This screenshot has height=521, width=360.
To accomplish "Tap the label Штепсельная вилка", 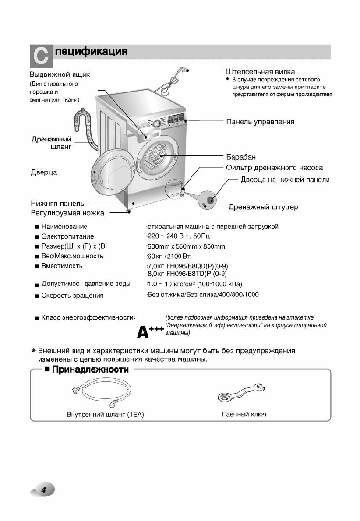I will click(x=260, y=71).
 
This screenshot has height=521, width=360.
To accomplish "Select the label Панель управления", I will click(x=260, y=122).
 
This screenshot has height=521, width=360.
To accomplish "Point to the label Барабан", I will click(x=241, y=157).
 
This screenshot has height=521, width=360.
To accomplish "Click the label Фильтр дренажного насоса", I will click(x=275, y=168).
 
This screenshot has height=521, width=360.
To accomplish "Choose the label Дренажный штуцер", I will click(x=263, y=207).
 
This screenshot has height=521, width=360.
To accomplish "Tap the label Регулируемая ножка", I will click(x=67, y=213).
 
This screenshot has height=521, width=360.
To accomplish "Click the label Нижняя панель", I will click(x=57, y=204).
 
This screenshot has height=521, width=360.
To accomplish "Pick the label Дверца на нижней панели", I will click(x=285, y=180).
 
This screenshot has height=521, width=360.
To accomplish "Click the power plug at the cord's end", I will click(x=184, y=69).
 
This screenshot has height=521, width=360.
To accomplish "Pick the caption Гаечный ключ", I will click(x=244, y=414).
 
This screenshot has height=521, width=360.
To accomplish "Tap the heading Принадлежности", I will click(x=90, y=370).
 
